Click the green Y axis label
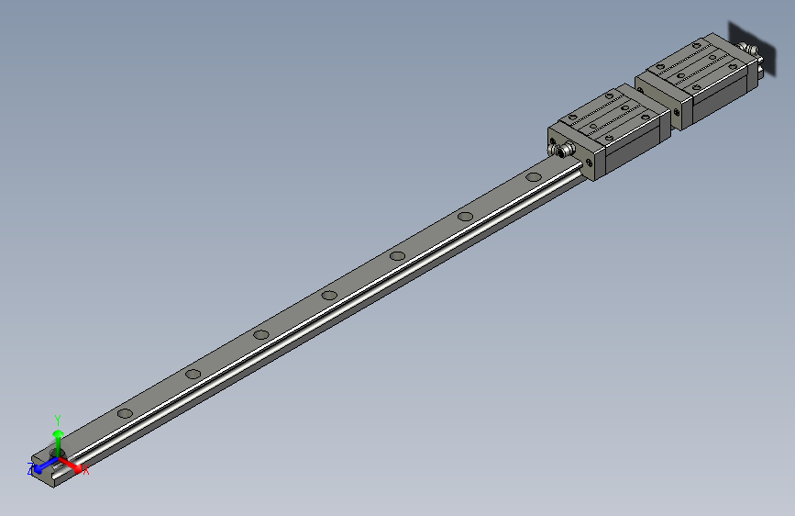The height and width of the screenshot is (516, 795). point(57,418)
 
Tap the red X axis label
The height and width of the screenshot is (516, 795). point(86,471)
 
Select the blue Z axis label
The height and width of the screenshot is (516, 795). point(30,468)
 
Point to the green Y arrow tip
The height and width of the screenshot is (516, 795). point(58,432)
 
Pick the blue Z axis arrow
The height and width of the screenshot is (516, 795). point(41,466)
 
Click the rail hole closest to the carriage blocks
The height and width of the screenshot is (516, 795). point(534,177)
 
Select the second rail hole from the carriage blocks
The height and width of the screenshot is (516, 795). point(466,217)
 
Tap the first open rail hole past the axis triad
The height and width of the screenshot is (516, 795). point(124,414)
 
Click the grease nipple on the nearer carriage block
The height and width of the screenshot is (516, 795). point(557,149)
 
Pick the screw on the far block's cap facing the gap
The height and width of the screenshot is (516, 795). point(677,112)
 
